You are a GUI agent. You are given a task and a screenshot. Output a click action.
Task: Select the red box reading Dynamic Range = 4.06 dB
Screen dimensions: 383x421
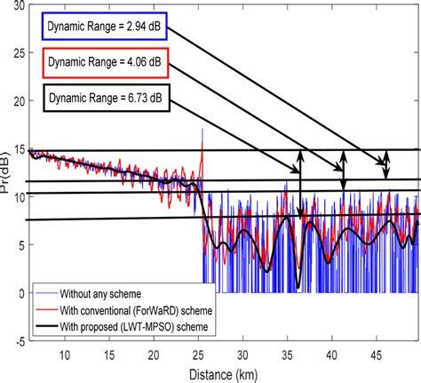click(104, 64)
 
